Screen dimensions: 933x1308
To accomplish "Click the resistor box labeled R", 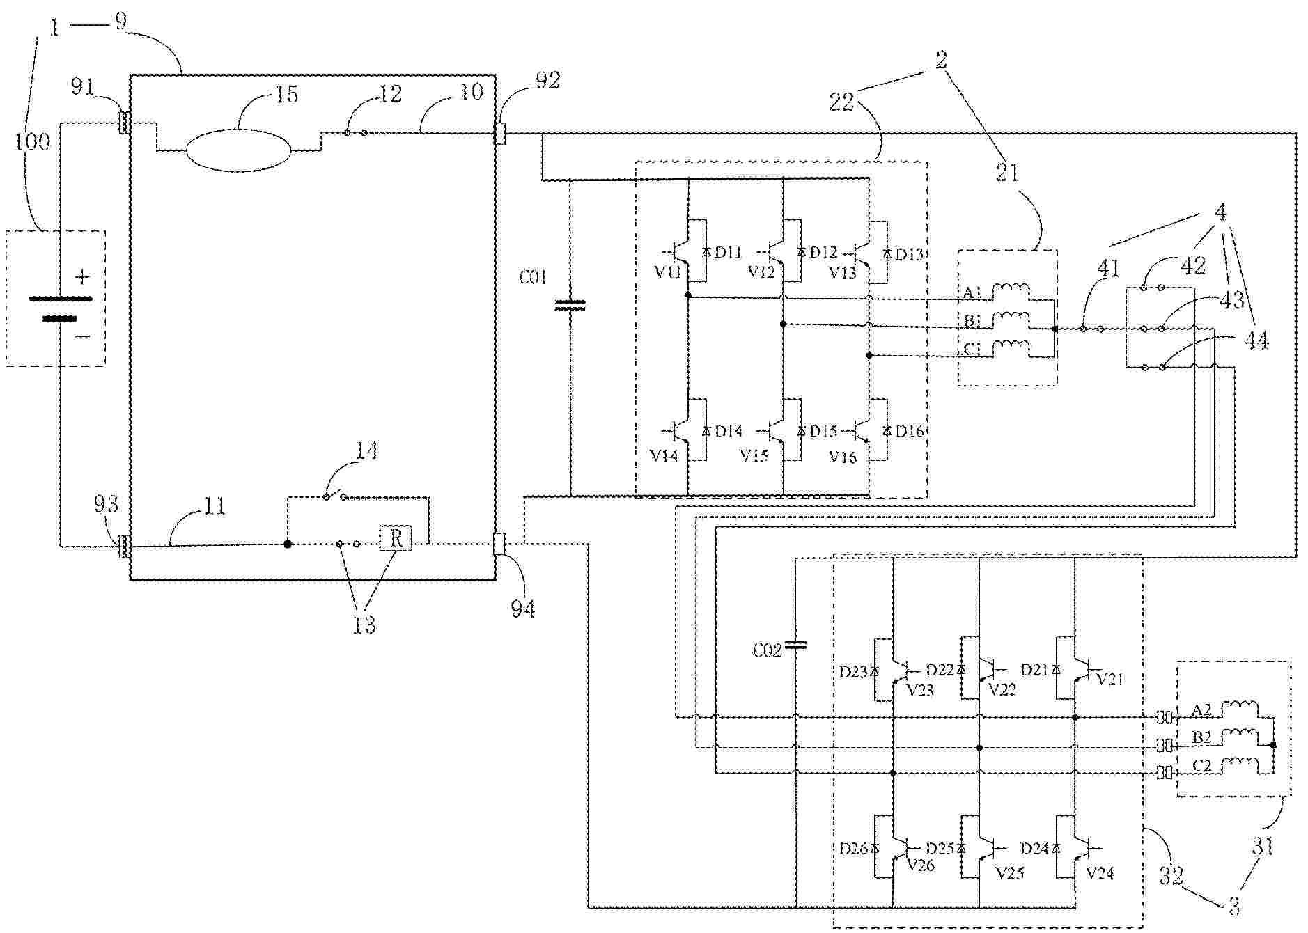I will (396, 538).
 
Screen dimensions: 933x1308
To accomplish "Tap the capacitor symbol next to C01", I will (570, 305).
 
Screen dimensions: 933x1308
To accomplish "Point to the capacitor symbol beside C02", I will (795, 645).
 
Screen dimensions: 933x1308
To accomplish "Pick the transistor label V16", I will (842, 457).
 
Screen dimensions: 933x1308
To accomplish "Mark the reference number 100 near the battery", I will (32, 142).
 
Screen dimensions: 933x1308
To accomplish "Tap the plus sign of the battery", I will (82, 277).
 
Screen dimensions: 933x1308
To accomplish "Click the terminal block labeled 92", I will (499, 132).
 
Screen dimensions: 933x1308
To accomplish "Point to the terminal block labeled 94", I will (499, 544).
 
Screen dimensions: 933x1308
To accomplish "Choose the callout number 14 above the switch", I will (366, 451).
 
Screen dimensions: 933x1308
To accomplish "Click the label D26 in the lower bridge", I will (854, 849).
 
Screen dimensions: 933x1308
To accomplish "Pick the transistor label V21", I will (1110, 678).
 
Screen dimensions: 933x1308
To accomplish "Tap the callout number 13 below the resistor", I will (364, 625).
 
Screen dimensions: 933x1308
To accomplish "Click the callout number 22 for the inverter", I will (842, 102).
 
